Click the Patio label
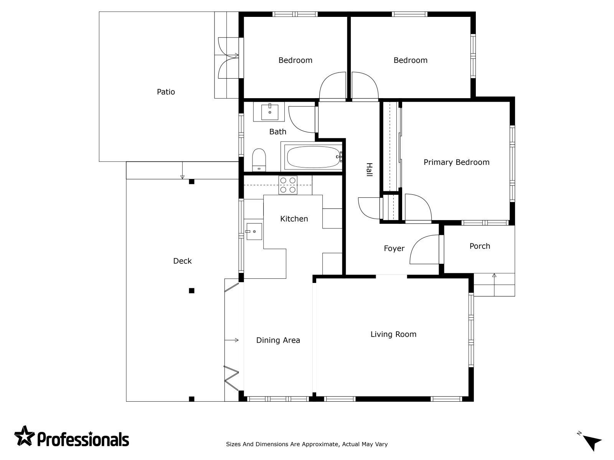click(x=166, y=92)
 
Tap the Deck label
click(x=182, y=261)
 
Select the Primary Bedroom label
click(x=457, y=162)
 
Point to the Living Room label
click(x=393, y=334)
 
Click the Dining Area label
click(x=278, y=340)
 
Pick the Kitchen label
click(x=294, y=219)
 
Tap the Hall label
click(x=370, y=169)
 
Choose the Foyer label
click(x=394, y=248)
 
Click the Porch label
click(x=480, y=246)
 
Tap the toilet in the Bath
click(x=259, y=160)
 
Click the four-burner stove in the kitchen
click(x=288, y=185)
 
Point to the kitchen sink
click(x=254, y=231)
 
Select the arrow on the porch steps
click(x=494, y=284)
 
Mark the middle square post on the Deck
click(x=191, y=291)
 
